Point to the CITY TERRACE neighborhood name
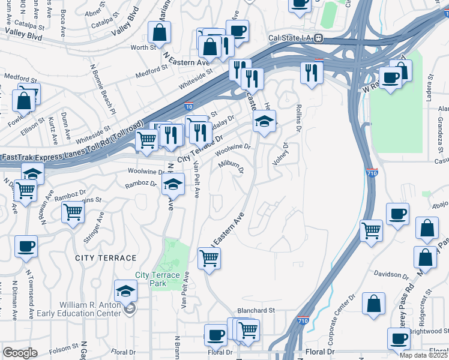106,257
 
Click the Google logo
20,353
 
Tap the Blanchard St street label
255,310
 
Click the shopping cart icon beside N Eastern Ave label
209,258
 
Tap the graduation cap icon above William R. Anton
125,291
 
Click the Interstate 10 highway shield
188,104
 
